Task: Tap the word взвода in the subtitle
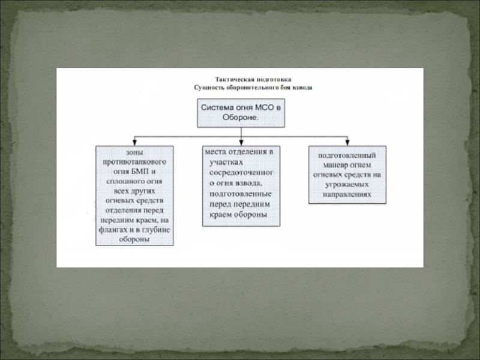point(300,88)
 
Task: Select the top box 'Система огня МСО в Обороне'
point(240,113)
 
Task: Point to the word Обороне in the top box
point(240,118)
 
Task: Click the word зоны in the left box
point(134,153)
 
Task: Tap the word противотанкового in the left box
point(134,162)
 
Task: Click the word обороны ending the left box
point(134,239)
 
